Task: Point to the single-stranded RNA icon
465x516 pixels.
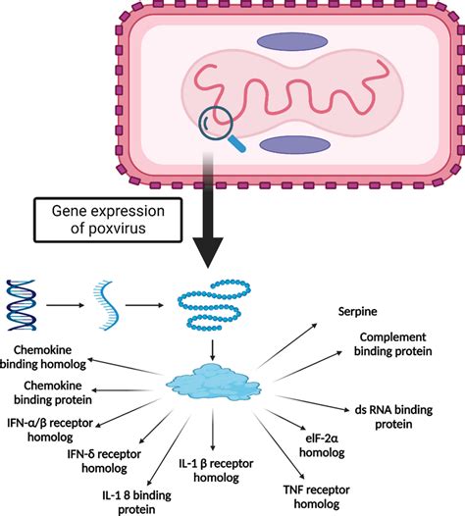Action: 110,301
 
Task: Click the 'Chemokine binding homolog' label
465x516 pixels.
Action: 60,356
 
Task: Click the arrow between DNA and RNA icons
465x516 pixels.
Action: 69,301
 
